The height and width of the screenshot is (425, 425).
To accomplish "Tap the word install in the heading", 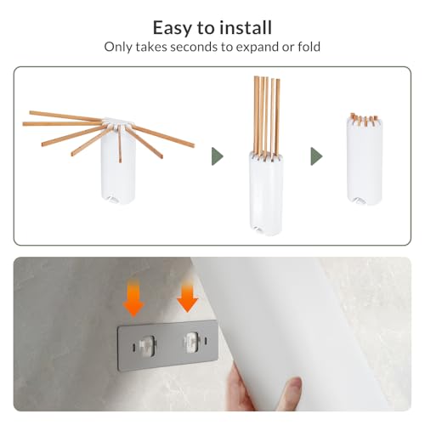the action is pyautogui.click(x=246, y=27).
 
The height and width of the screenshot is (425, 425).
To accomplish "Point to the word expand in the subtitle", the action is pyautogui.click(x=257, y=48).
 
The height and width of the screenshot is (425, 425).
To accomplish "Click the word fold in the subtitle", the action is pyautogui.click(x=309, y=47).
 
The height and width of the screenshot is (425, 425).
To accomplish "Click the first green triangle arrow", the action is pyautogui.click(x=217, y=156).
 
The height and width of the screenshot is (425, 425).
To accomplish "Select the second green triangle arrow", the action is pyautogui.click(x=316, y=156).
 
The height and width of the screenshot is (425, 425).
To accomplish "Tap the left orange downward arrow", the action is pyautogui.click(x=133, y=297).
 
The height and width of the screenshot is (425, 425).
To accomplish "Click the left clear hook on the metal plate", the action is pyautogui.click(x=147, y=346).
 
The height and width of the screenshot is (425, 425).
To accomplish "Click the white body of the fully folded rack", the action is pyautogui.click(x=365, y=161).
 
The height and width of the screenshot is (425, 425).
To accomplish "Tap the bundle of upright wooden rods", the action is pyautogui.click(x=267, y=116).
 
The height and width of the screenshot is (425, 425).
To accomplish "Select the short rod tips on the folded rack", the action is pyautogui.click(x=365, y=119).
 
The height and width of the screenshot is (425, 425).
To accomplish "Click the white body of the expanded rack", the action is pyautogui.click(x=118, y=167).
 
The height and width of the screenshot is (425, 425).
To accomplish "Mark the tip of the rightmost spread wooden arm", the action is pyautogui.click(x=193, y=145).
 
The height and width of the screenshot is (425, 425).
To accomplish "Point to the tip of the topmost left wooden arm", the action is pyautogui.click(x=31, y=113).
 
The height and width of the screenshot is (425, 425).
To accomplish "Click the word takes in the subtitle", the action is pyautogui.click(x=151, y=47).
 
